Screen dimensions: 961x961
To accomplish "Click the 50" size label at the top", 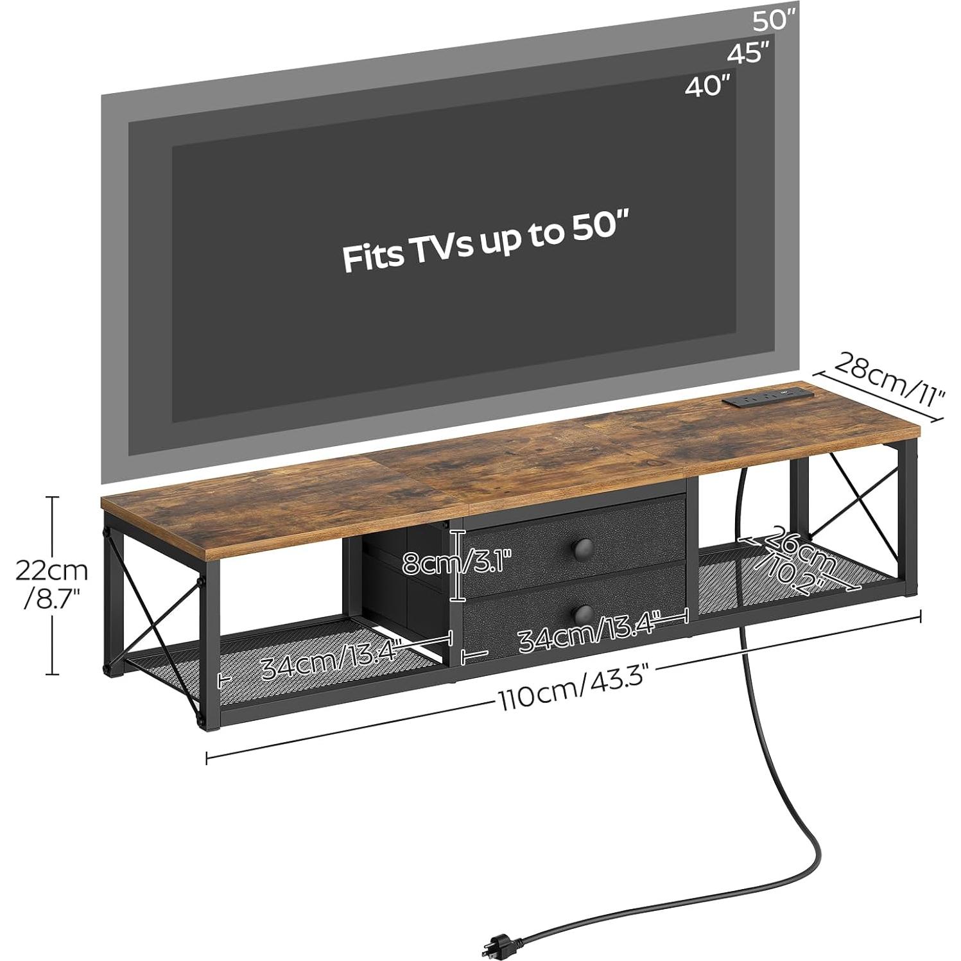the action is tap(774, 21).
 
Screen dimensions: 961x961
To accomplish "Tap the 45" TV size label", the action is tap(748, 54).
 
